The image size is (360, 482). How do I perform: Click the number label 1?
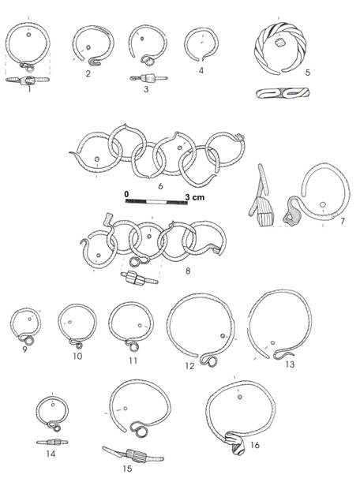pos(28,89)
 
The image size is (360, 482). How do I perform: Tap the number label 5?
pos(308,73)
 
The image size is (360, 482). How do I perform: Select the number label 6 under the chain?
pos(162,186)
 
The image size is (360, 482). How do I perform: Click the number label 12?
pos(189,367)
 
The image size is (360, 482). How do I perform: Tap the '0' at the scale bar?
pos(126,192)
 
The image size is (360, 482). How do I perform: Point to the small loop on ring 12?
pos(211,361)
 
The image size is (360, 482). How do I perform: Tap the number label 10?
pos(77,357)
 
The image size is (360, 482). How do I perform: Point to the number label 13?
pos(289,364)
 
